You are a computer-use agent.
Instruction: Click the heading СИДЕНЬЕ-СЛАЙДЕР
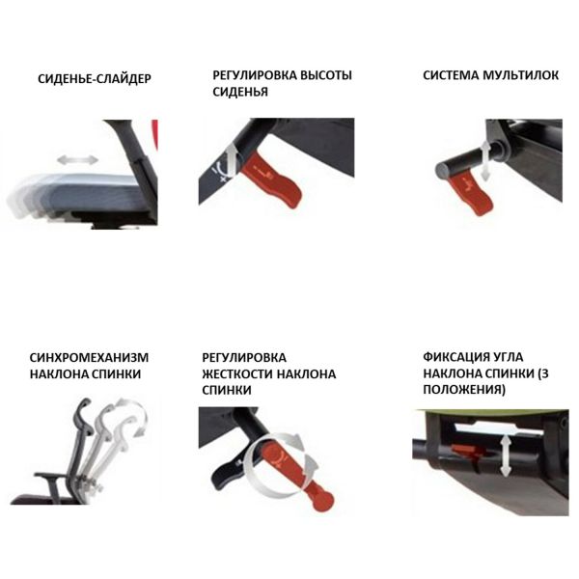[x=95, y=79]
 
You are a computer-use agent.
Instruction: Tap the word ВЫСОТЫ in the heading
[x=325, y=75]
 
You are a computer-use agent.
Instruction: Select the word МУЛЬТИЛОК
[x=520, y=75]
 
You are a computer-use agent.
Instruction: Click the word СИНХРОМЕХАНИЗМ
[x=89, y=357]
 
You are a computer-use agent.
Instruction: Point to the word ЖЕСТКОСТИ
[x=237, y=373]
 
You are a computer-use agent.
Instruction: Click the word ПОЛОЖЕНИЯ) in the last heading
[x=464, y=389]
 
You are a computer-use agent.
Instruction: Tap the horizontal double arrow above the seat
[x=77, y=160]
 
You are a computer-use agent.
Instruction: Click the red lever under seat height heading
[x=271, y=179]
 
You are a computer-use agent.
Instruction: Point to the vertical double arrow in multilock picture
[x=485, y=161]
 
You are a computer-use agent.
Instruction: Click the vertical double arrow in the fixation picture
[x=505, y=455]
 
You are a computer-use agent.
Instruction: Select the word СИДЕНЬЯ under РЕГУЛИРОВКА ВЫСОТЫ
[x=240, y=92]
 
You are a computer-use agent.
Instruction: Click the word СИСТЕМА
[x=451, y=75]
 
